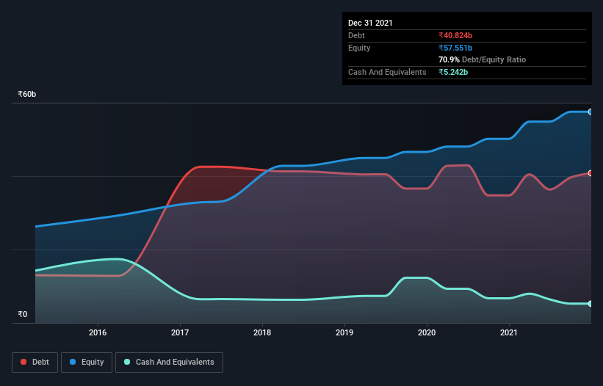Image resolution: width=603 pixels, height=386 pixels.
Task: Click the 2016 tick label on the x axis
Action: click(98, 333)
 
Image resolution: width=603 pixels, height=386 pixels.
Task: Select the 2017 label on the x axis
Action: click(180, 333)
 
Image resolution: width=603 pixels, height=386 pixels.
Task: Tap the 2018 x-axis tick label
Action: click(262, 333)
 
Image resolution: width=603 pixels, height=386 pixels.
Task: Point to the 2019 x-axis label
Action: click(344, 333)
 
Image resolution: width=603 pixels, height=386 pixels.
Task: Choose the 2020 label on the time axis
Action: click(427, 333)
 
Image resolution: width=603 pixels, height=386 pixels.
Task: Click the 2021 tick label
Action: click(509, 333)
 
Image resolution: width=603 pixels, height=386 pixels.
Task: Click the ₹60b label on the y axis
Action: click(27, 95)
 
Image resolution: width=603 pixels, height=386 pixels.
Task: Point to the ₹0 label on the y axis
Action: click(22, 315)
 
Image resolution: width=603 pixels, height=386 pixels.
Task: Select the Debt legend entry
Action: click(35, 362)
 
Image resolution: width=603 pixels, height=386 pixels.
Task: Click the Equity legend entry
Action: click(87, 362)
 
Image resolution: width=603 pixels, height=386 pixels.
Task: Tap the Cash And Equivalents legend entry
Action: click(169, 362)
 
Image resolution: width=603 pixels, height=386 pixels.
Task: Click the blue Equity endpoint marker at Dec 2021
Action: click(590, 112)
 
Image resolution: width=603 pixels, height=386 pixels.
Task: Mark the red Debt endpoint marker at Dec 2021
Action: click(590, 173)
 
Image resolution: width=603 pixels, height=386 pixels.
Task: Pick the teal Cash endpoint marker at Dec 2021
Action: click(590, 303)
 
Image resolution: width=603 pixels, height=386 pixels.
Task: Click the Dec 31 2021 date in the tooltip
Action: click(370, 23)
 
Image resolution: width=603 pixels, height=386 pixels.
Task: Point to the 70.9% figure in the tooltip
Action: click(449, 59)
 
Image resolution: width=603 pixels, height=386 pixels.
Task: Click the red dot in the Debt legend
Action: click(24, 362)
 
